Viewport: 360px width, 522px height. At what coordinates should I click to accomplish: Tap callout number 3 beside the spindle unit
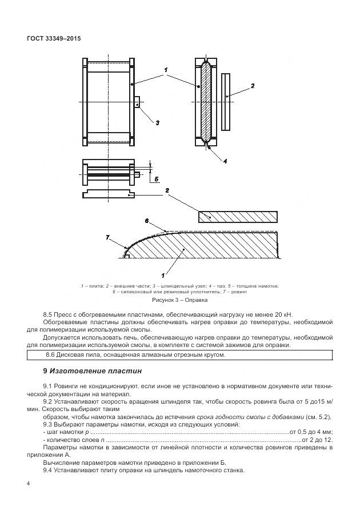[x=157, y=122]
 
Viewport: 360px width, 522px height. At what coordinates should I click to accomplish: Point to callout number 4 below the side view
[x=225, y=161]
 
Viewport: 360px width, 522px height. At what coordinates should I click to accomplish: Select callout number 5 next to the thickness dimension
[x=155, y=180]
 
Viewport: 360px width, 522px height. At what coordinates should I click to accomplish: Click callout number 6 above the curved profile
[x=147, y=221]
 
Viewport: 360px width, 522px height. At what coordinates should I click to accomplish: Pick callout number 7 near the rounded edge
[x=108, y=237]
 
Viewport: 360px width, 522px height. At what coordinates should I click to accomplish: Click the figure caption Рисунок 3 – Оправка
[x=179, y=299]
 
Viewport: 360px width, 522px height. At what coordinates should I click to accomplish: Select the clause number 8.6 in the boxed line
[x=35, y=354]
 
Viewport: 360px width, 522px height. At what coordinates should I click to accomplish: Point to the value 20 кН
[x=281, y=314]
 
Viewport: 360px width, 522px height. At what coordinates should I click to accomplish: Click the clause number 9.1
[x=48, y=386]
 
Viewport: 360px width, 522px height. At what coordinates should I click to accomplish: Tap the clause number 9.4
[x=48, y=470]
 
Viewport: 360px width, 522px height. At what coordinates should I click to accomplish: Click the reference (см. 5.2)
[x=318, y=416]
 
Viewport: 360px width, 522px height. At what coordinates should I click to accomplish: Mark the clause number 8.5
[x=48, y=314]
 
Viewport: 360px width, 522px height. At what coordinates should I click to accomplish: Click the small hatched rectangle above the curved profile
[x=238, y=216]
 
